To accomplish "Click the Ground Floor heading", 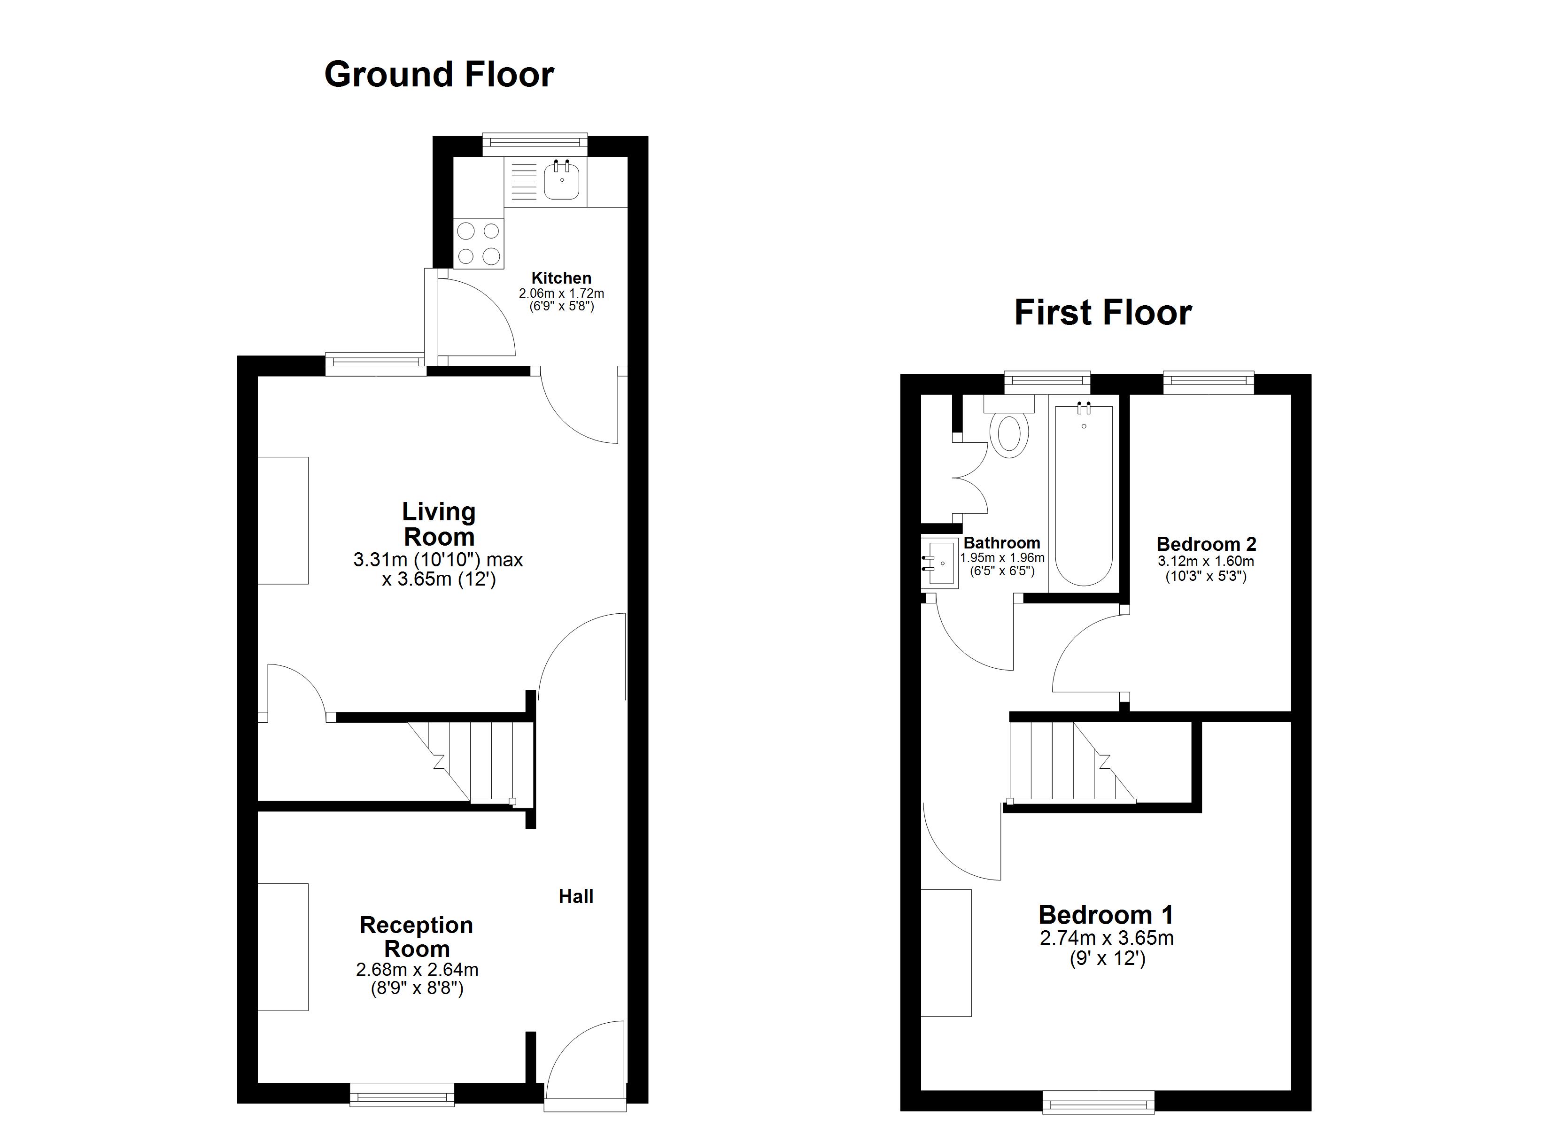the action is tap(439, 75).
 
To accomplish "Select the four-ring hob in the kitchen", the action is tap(479, 243).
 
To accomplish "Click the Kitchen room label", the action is tap(561, 278).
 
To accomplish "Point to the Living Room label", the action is tap(439, 524).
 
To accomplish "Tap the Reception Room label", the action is tap(416, 937).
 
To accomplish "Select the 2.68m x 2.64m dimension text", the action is tap(417, 970).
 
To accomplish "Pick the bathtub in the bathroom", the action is tap(1084, 494).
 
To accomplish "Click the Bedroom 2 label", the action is tap(1206, 544).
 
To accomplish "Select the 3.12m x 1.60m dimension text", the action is tap(1206, 561).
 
